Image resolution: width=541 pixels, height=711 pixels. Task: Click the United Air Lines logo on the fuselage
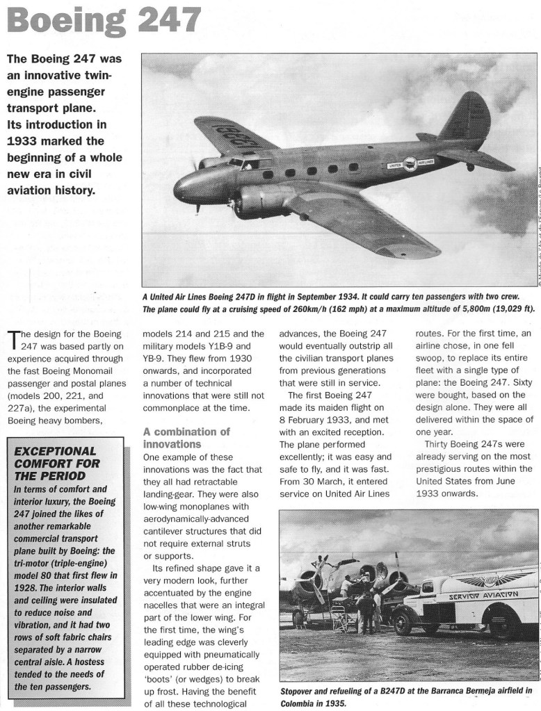pos(410,164)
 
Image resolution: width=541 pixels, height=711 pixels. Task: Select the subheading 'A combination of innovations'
pos(186,437)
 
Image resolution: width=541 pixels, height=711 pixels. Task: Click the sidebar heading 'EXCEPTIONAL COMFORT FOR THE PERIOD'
pos(56,463)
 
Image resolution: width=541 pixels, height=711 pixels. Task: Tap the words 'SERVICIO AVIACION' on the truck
pos(484,595)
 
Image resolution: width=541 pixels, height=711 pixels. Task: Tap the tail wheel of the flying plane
pos(470,167)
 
